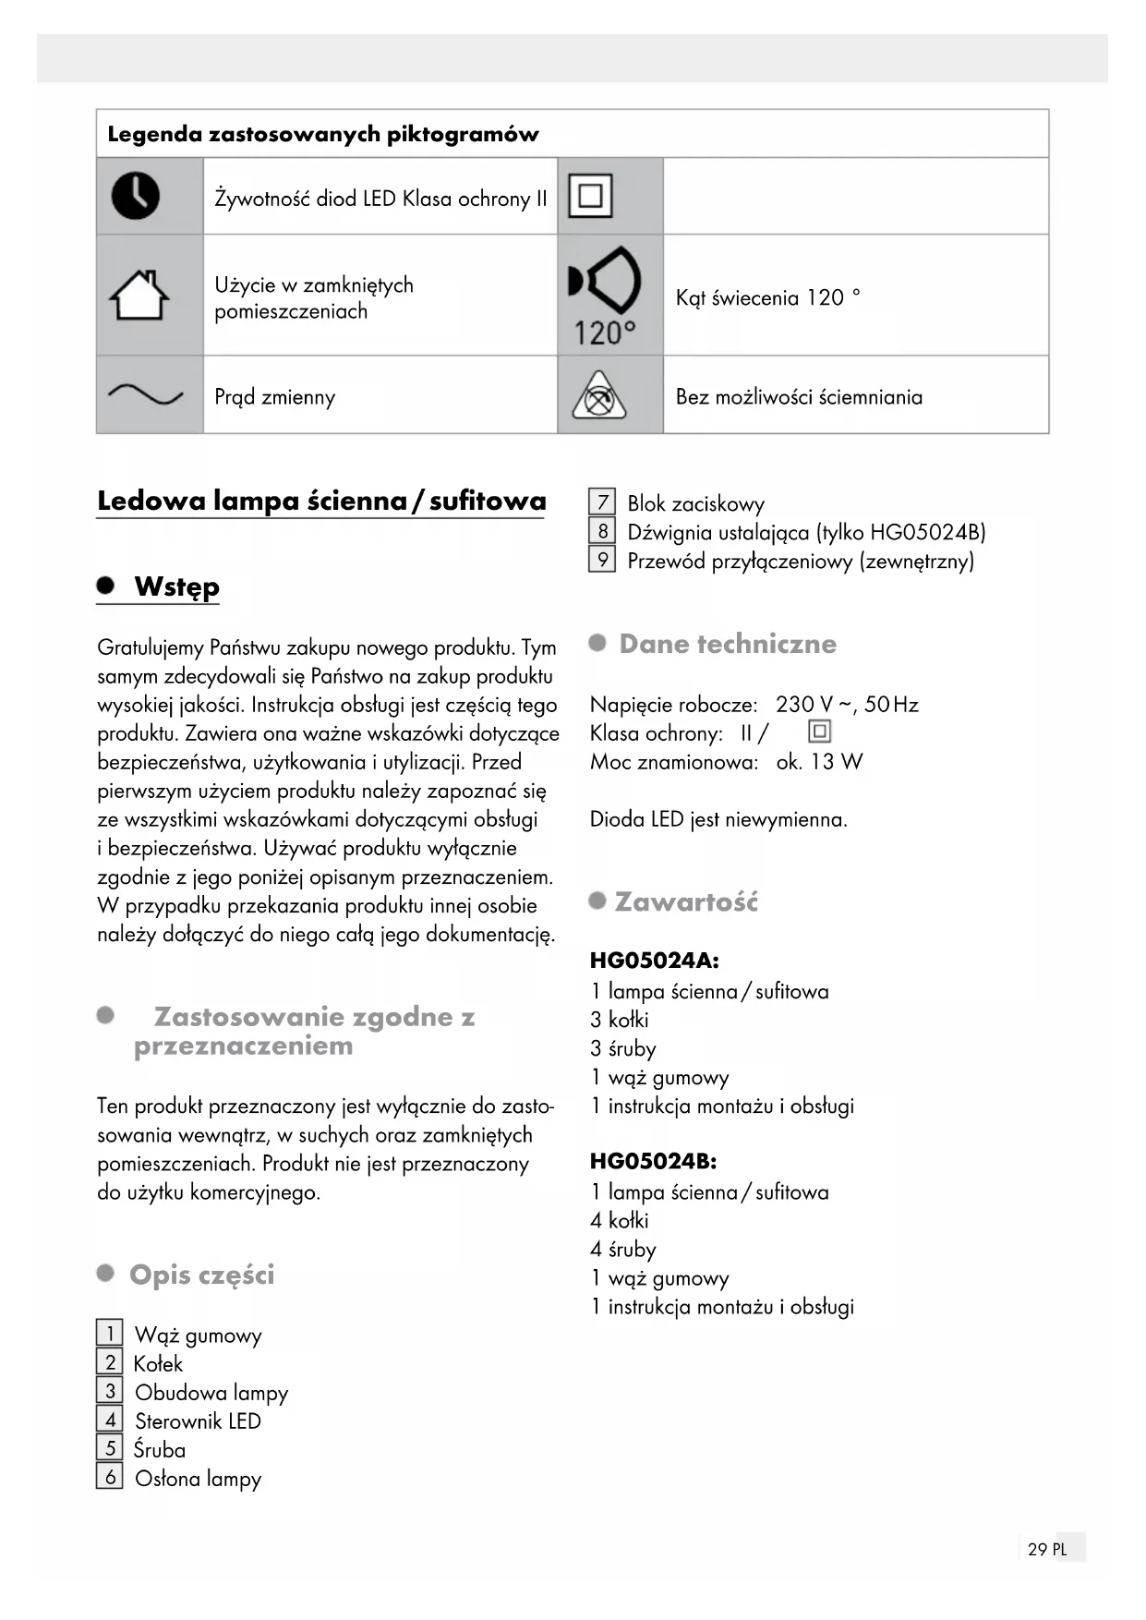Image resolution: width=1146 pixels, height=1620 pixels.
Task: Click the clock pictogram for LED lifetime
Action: click(x=136, y=196)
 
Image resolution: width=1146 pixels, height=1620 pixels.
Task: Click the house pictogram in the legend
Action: click(x=139, y=296)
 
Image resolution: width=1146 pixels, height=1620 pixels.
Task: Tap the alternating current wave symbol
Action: click(x=146, y=395)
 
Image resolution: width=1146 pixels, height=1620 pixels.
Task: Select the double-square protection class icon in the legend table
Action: click(x=590, y=196)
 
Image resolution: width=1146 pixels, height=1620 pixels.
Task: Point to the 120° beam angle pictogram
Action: click(x=605, y=296)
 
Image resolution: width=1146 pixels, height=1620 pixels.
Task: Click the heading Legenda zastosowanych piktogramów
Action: click(x=323, y=135)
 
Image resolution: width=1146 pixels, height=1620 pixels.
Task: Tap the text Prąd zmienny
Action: click(x=274, y=397)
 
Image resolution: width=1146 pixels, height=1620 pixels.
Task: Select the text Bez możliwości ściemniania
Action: click(x=799, y=397)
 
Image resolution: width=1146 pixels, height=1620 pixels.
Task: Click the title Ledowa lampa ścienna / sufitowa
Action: click(x=321, y=502)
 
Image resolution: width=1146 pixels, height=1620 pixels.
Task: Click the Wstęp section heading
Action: click(x=176, y=587)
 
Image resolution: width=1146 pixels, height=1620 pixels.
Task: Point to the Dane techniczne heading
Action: click(x=728, y=644)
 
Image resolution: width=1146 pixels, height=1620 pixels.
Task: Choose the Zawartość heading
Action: click(x=686, y=901)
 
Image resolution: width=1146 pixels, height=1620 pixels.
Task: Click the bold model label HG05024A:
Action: click(x=654, y=961)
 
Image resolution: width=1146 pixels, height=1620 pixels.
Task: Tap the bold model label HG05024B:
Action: click(x=653, y=1161)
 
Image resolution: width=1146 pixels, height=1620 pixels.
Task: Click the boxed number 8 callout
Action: click(x=602, y=531)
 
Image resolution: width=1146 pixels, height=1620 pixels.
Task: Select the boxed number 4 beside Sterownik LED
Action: click(x=110, y=1420)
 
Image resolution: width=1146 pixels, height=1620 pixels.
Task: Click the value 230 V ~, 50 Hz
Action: click(x=847, y=705)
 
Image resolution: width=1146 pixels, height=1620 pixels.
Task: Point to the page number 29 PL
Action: click(x=1047, y=1549)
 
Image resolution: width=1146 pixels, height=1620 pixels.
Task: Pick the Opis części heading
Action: click(x=201, y=1275)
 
